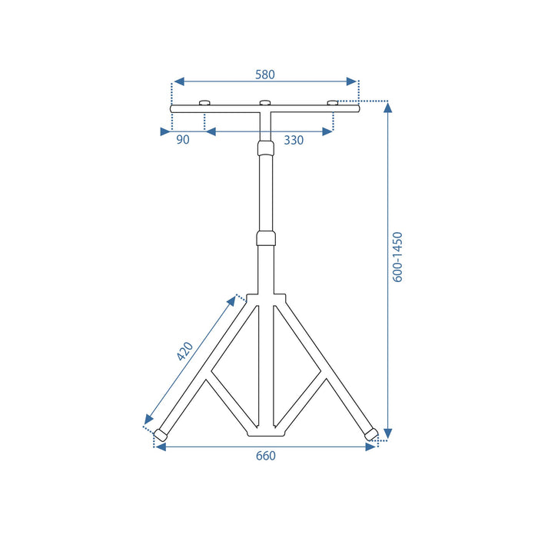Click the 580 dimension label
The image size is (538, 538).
pos(264,75)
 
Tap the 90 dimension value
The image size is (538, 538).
pos(183,140)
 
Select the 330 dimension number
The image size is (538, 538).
pos(293,140)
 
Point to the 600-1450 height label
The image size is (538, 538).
pos(397,257)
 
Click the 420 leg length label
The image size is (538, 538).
pos(184,350)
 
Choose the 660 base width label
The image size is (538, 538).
pos(264,456)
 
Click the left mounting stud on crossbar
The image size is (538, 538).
pos(204,103)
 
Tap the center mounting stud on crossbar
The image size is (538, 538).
pos(265,103)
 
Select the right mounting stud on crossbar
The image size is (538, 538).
pos(333,103)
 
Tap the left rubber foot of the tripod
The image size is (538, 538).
pos(161,434)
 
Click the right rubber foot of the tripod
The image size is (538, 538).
pos(370,434)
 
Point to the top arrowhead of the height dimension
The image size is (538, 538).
pos(388,108)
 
